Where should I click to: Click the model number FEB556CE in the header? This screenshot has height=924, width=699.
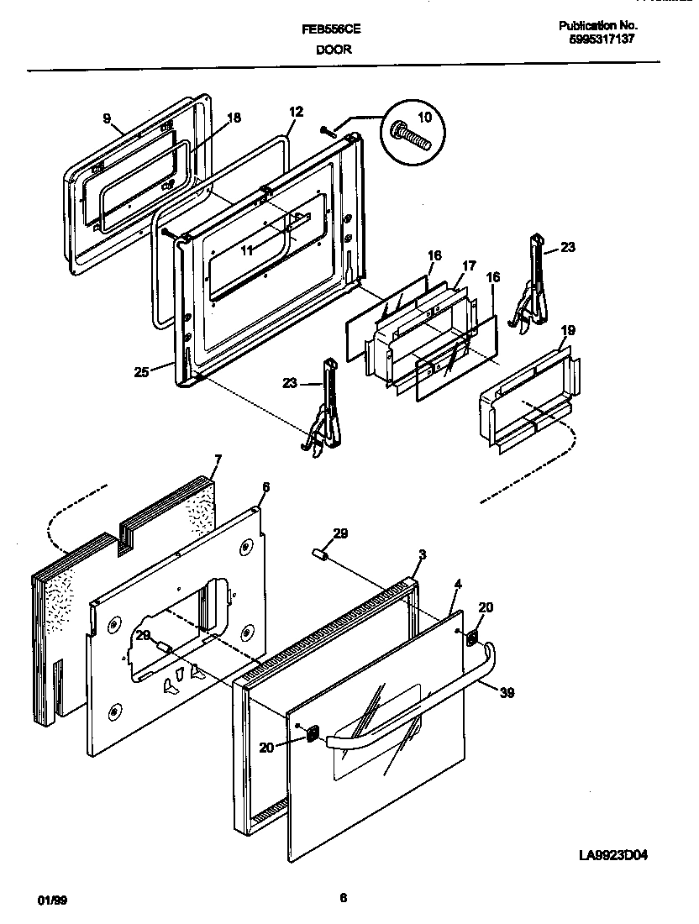[332, 28]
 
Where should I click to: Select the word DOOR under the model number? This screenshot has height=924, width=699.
[334, 50]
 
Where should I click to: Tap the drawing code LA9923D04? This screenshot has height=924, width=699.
[613, 856]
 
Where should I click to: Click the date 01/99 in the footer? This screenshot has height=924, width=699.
[52, 900]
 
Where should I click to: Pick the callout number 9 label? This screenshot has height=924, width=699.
[107, 118]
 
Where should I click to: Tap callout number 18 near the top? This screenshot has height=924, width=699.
[234, 118]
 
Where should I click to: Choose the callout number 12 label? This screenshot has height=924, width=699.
[295, 111]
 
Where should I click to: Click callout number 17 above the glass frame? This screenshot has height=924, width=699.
[468, 265]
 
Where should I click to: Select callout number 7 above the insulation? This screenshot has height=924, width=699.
[218, 459]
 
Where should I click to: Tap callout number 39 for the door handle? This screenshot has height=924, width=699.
[507, 693]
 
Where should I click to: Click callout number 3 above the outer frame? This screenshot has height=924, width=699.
[423, 554]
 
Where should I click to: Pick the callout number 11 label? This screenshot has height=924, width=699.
[246, 249]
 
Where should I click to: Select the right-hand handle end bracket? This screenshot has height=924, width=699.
[475, 639]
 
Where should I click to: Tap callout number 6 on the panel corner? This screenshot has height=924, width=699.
[265, 486]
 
